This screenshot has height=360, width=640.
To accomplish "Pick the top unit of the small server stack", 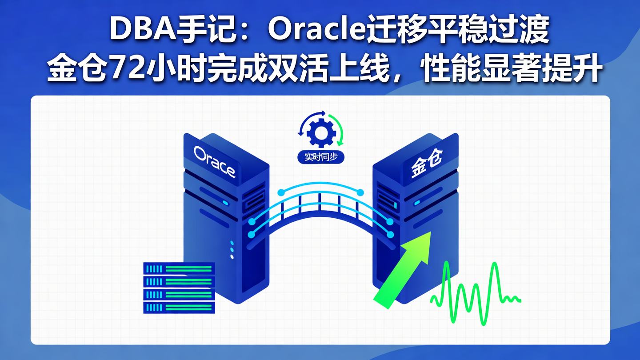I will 179,268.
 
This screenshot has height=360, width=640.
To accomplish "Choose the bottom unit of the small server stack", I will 179,307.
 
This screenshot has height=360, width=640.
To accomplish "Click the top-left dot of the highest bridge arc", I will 280,192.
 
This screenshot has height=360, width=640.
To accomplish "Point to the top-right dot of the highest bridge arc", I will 360,192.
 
